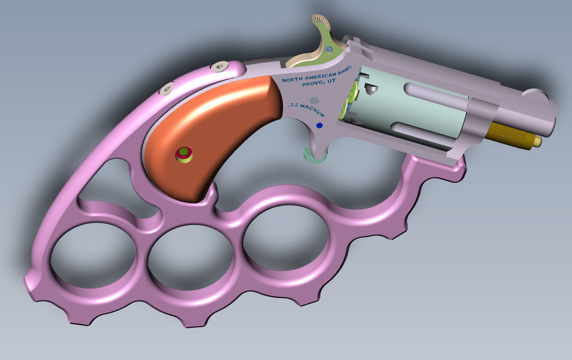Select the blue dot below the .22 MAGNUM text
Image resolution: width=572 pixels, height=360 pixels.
pos(319,125)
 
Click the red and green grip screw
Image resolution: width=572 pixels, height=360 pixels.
pos(184,154)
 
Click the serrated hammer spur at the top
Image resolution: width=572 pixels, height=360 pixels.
pos(320,21)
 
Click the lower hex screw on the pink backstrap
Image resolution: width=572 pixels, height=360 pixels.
pos(167,88)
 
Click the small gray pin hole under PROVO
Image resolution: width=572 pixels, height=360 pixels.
pos(313,99)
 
